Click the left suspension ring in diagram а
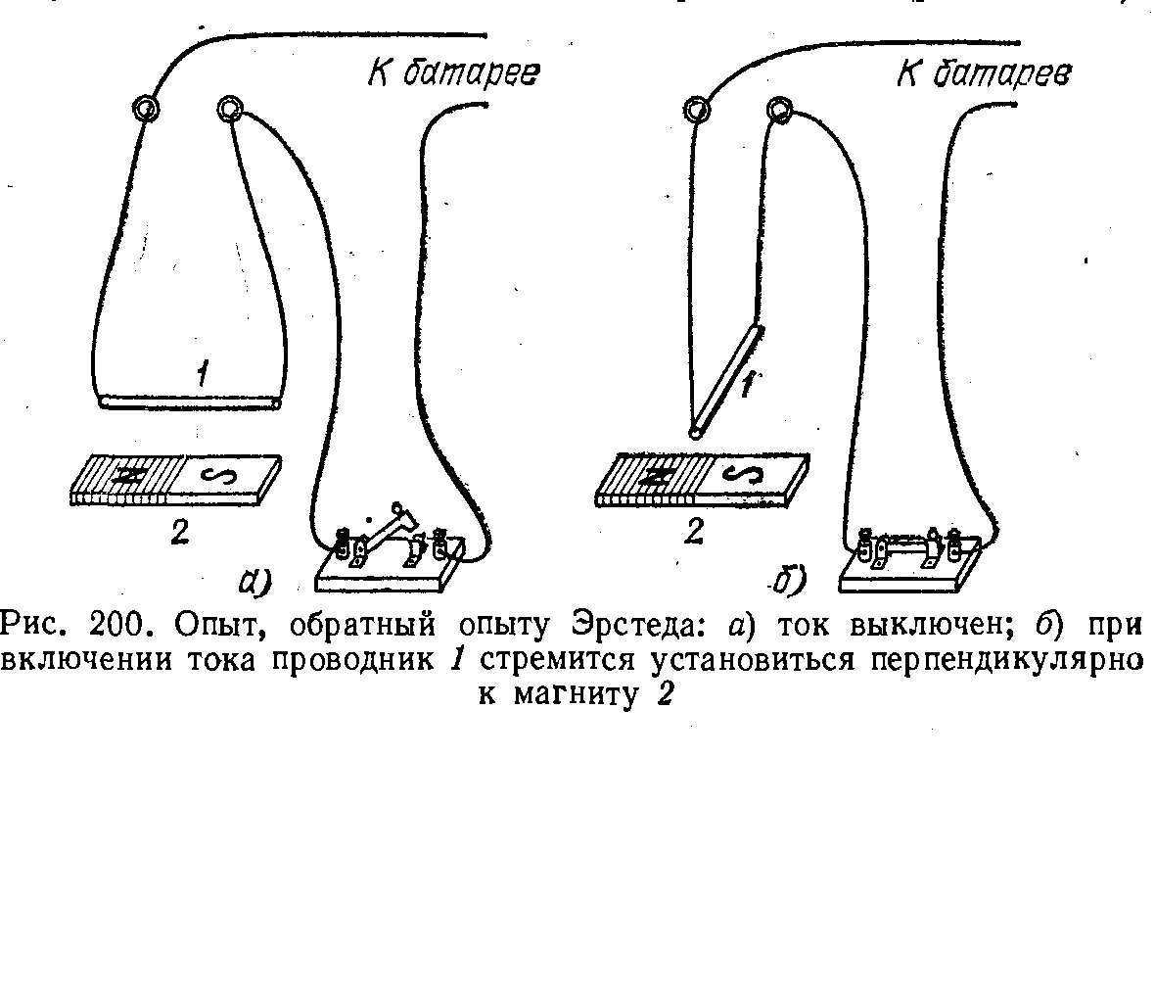coord(147,108)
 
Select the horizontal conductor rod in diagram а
coord(190,401)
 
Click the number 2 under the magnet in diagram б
coord(694,533)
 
